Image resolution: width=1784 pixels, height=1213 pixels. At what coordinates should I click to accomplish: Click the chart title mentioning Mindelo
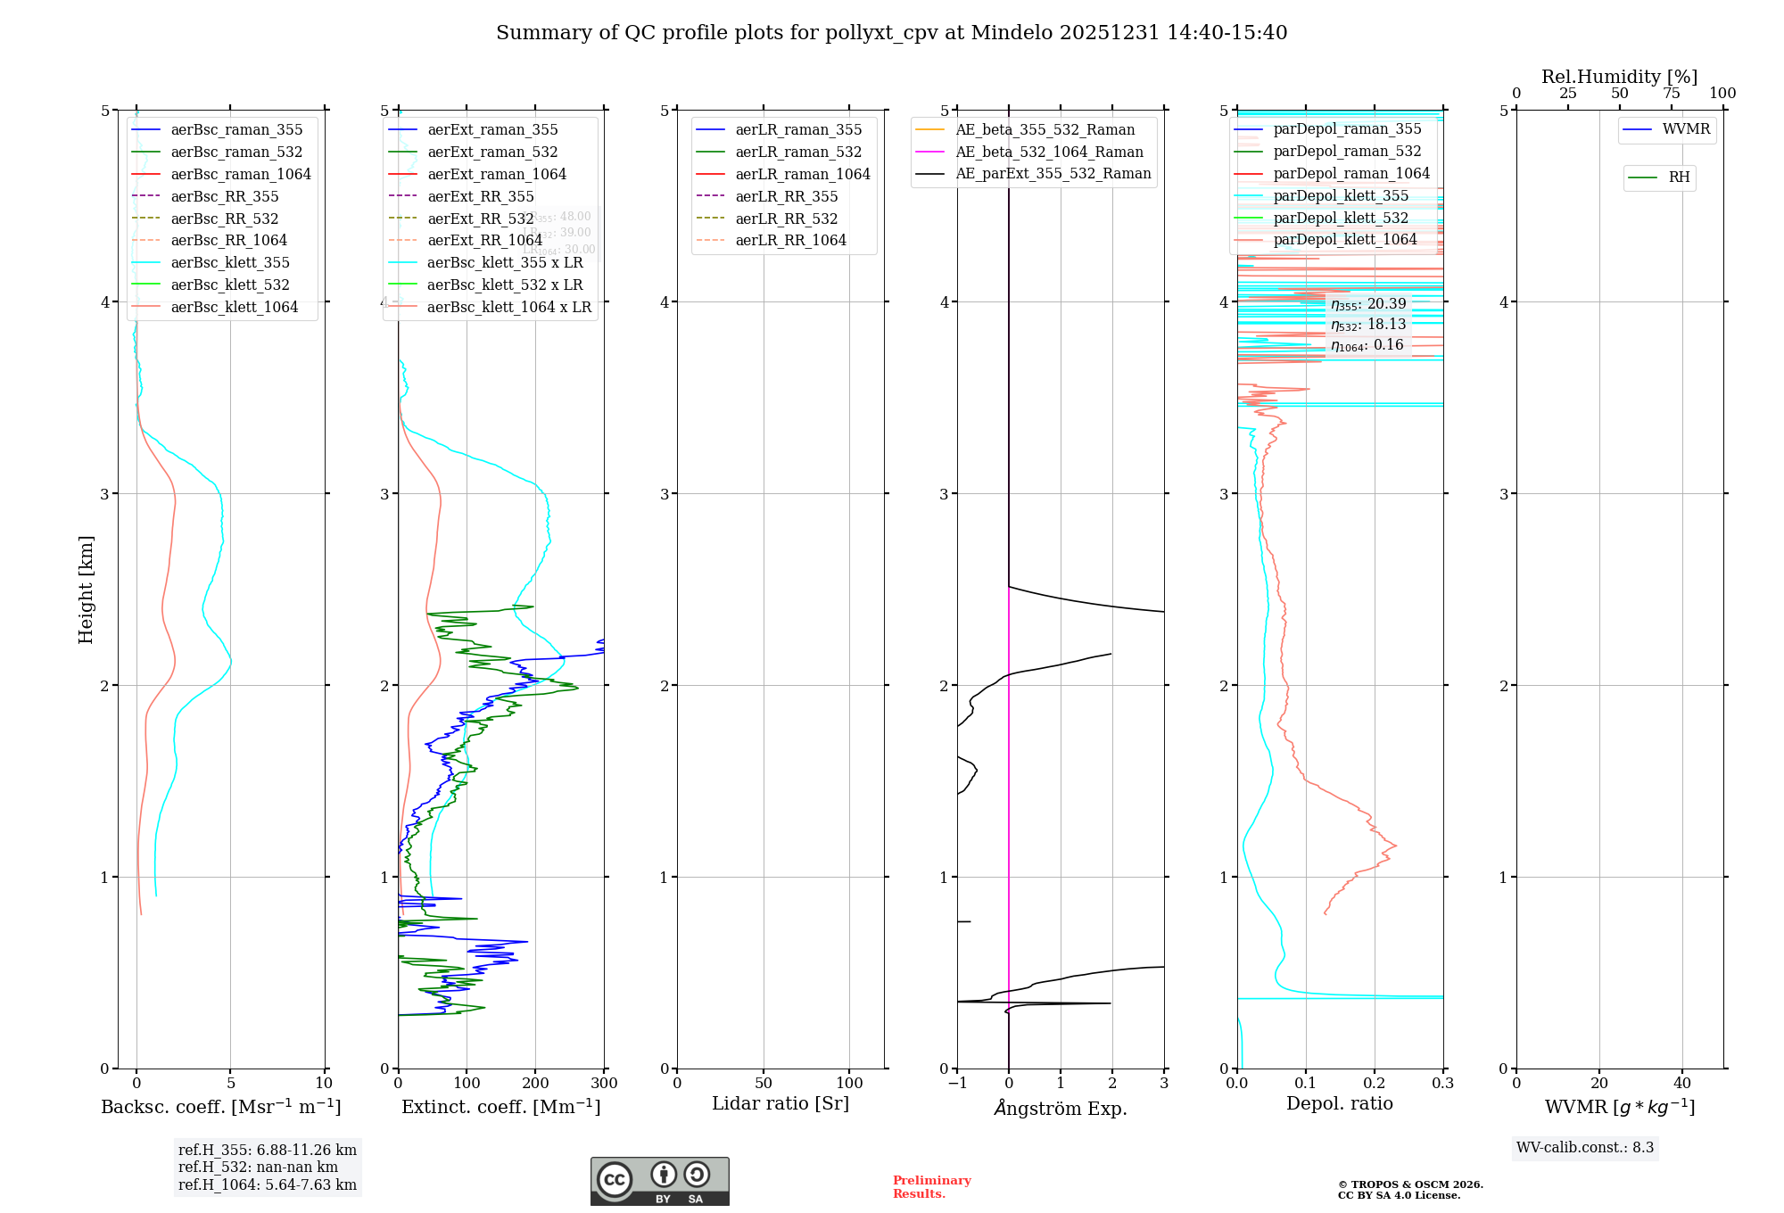[891, 33]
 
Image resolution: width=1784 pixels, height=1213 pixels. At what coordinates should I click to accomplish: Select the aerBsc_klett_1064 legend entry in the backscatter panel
[235, 307]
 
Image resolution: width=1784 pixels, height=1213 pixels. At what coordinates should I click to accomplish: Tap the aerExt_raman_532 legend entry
[492, 152]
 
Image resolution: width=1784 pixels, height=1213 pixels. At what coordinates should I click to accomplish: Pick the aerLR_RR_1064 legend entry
[790, 240]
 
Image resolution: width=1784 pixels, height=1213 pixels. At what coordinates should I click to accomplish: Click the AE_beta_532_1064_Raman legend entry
[1049, 152]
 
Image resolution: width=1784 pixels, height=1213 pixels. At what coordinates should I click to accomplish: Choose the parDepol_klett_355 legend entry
[1341, 195]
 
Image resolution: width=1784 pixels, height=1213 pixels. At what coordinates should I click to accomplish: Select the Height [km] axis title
[86, 590]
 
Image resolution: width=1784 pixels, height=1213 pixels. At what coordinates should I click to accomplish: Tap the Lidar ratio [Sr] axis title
[780, 1103]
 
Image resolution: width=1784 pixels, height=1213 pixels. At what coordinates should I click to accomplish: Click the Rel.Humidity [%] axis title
[1619, 77]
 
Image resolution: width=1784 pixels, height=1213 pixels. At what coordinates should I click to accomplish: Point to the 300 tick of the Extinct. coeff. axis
[604, 1083]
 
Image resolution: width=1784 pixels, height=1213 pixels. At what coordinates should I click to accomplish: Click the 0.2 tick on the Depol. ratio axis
[1375, 1083]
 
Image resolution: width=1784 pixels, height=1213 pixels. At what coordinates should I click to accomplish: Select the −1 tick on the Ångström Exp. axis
[957, 1083]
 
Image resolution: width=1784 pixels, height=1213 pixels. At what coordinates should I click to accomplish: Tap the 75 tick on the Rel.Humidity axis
[1671, 94]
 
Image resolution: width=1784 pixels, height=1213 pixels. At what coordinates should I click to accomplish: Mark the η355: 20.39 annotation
[1368, 304]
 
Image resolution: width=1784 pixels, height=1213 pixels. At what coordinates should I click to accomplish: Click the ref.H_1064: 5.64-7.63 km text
[268, 1184]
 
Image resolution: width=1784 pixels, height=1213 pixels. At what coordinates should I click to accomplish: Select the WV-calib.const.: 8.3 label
[1585, 1147]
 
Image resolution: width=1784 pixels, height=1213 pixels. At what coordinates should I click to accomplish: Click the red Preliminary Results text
[931, 1186]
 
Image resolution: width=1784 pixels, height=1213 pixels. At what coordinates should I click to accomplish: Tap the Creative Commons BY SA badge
[659, 1181]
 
